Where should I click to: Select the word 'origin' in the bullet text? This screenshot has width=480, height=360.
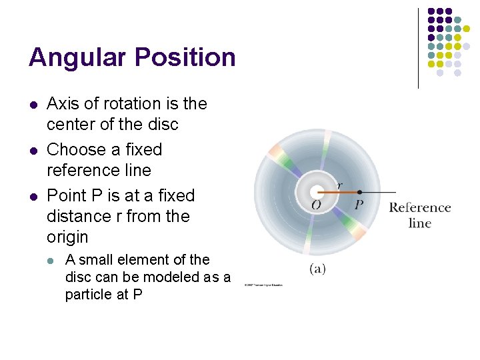click(68, 237)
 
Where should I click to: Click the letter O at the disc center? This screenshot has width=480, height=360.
click(316, 205)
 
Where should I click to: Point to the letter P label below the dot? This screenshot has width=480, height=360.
click(359, 205)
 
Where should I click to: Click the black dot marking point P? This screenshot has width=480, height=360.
click(359, 192)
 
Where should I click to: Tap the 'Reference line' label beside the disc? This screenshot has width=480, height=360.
click(419, 215)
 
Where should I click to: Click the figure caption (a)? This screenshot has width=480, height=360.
click(317, 269)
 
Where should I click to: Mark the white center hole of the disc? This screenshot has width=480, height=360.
click(317, 191)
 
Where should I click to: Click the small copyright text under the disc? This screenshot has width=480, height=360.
click(263, 285)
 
